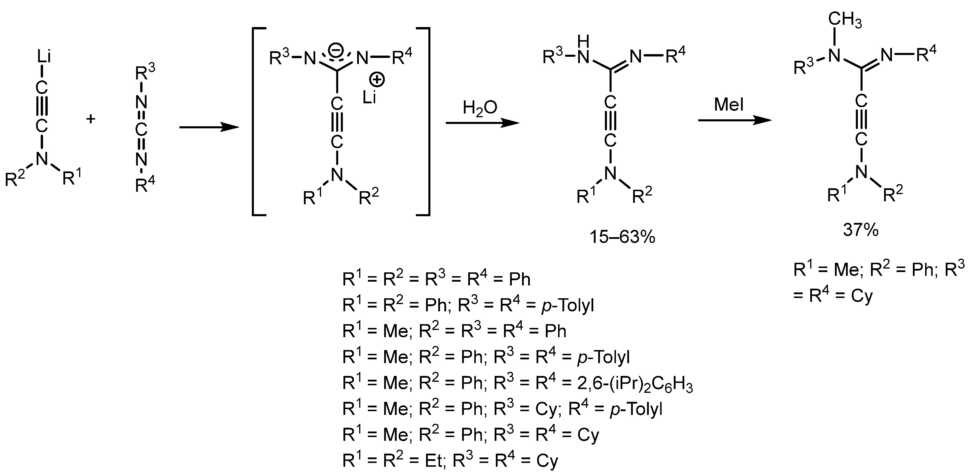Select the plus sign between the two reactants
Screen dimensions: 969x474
(x=91, y=119)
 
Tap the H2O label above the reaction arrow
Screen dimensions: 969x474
(x=480, y=108)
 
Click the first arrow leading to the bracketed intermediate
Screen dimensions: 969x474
(x=209, y=127)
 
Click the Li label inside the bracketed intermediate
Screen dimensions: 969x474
(x=369, y=98)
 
